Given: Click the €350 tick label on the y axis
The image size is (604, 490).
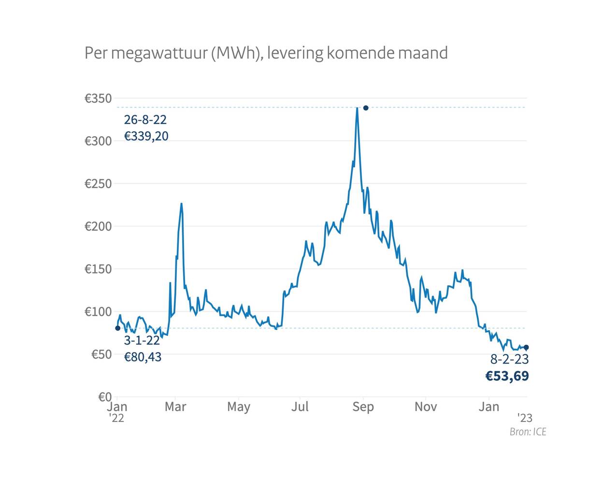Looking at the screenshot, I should (x=98, y=98).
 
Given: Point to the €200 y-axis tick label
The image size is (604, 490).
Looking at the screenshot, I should (x=98, y=226).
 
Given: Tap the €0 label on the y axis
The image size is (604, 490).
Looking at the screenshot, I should (x=105, y=397).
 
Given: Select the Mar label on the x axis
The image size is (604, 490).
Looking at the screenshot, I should (x=175, y=407).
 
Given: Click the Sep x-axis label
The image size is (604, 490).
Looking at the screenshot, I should (x=363, y=407).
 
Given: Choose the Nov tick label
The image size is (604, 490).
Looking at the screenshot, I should (x=426, y=407).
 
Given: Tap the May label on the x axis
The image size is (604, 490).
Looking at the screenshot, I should (x=239, y=407).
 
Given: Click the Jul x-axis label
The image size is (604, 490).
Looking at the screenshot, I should (x=300, y=407).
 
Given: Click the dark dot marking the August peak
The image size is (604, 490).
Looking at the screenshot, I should (x=366, y=108).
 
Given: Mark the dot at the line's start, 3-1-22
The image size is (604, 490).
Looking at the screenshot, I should (x=118, y=328).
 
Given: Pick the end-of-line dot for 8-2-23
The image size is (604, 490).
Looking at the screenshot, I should (x=526, y=347).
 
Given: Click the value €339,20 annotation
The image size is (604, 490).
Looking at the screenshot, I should (x=146, y=137).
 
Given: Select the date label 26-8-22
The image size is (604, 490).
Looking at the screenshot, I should (x=145, y=120).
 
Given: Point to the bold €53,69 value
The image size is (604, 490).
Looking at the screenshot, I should (x=507, y=376).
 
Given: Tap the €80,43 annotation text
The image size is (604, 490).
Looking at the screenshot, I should (x=143, y=357).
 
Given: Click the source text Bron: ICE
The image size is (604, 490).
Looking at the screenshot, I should (x=528, y=432).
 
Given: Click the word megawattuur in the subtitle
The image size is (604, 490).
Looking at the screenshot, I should (x=159, y=53).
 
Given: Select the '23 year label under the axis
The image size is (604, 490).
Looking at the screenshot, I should (x=525, y=418).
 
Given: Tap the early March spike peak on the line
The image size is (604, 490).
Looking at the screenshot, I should (x=181, y=203).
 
